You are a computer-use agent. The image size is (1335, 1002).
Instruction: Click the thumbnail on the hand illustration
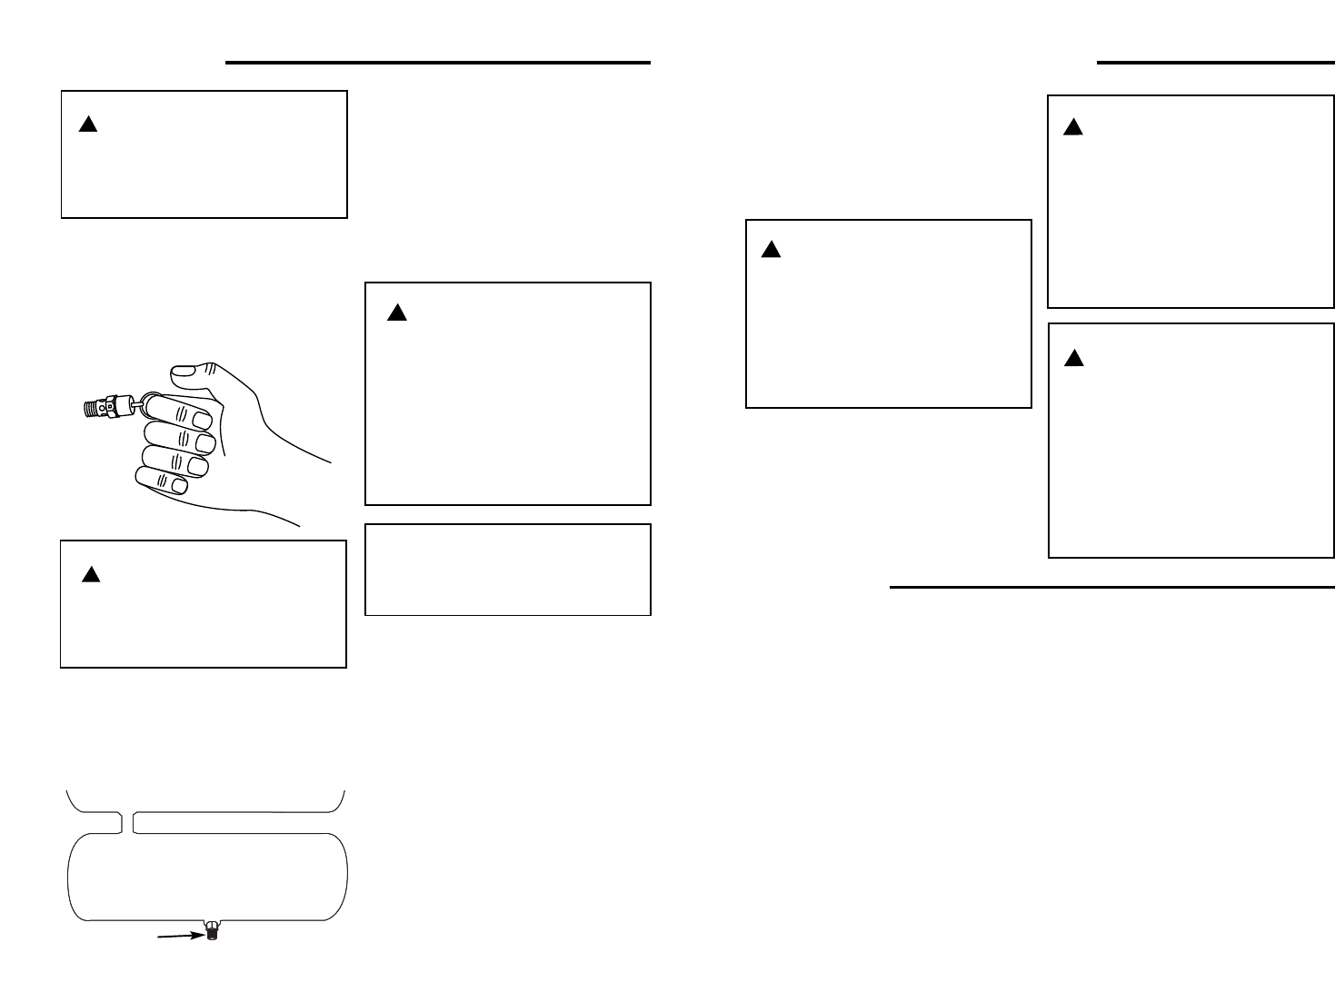184,371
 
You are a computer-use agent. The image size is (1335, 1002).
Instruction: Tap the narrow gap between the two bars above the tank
127,822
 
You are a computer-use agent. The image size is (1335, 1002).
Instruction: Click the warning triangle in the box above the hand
88,124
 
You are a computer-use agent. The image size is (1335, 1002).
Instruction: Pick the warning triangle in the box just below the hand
90,574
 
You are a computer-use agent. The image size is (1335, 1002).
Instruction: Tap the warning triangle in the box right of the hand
396,313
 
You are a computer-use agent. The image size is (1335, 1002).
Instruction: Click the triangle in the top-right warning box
1073,128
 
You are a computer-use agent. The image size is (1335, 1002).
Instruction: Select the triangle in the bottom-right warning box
1074,358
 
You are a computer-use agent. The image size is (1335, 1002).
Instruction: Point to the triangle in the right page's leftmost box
771,250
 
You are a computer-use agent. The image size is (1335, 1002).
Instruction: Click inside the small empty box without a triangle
507,570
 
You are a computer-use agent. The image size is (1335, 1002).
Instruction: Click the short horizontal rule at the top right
1215,63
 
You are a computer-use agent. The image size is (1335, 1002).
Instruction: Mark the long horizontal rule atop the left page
437,63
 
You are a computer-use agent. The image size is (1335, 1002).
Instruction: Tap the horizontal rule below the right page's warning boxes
1111,588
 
